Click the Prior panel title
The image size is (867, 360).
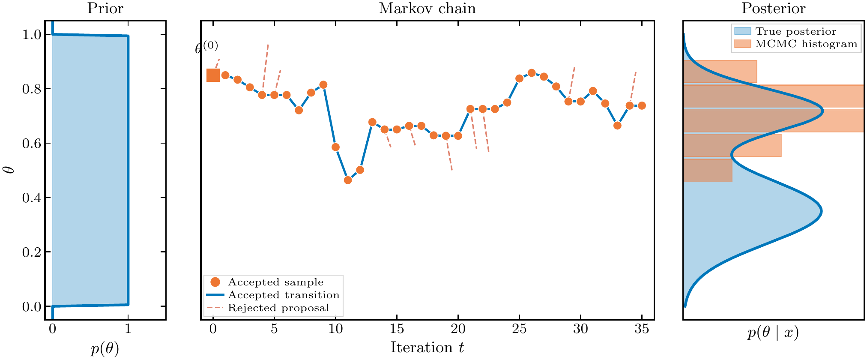[105, 9]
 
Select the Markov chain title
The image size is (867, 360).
[427, 9]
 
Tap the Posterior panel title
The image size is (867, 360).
[773, 9]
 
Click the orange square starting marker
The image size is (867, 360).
[213, 75]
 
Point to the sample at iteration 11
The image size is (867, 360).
[348, 180]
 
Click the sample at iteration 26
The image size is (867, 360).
[532, 73]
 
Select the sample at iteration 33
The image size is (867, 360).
[617, 126]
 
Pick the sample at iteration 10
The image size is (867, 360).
[335, 147]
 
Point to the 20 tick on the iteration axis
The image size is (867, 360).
[458, 329]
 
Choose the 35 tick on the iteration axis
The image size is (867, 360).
[642, 329]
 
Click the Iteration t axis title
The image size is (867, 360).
[427, 347]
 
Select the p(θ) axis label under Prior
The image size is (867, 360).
[105, 349]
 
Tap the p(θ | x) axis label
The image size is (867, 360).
[773, 333]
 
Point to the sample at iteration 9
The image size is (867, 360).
[323, 85]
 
